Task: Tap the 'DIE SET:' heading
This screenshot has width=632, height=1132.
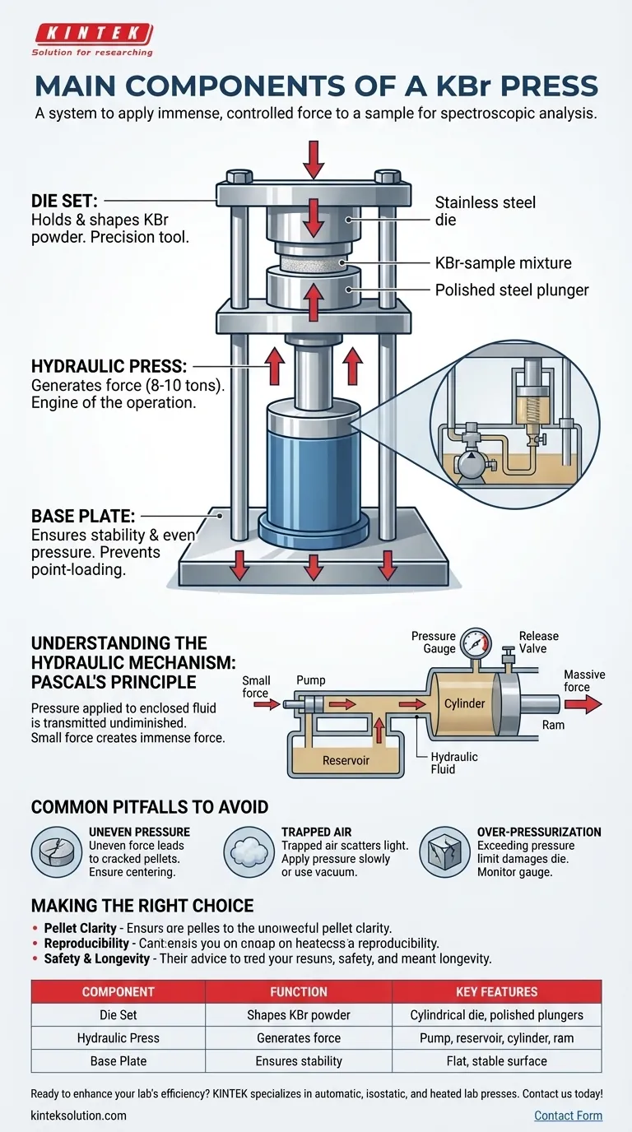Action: coord(66,200)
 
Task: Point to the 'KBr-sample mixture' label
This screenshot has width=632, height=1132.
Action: coord(503,263)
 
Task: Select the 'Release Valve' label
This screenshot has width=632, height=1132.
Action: coord(539,643)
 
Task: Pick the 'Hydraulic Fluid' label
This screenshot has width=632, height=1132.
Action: coord(454,763)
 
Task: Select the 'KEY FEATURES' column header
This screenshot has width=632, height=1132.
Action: coord(496,991)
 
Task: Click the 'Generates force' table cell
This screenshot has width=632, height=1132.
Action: coord(299,1038)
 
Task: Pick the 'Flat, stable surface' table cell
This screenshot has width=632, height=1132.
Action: coord(496,1061)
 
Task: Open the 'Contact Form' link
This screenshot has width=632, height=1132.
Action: coord(568,1116)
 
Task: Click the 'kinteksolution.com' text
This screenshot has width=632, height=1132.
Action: coord(79,1116)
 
